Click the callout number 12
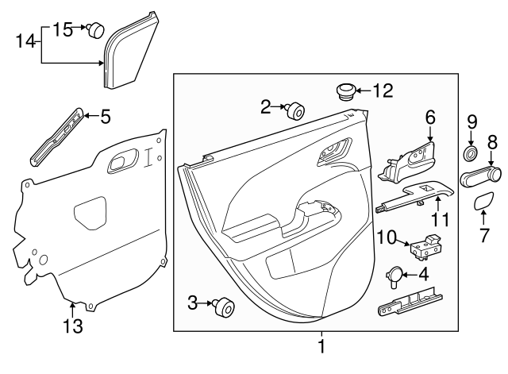coord(383,91)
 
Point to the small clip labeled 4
coord(394,276)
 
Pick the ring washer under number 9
coord(470,153)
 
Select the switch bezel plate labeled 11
coord(416,194)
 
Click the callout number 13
coord(73,326)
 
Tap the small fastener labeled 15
coord(96,31)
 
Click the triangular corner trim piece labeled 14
coord(130,52)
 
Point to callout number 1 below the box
coord(321,346)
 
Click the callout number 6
coord(430,117)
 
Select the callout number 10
coord(386,237)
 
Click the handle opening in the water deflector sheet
coord(118,163)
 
